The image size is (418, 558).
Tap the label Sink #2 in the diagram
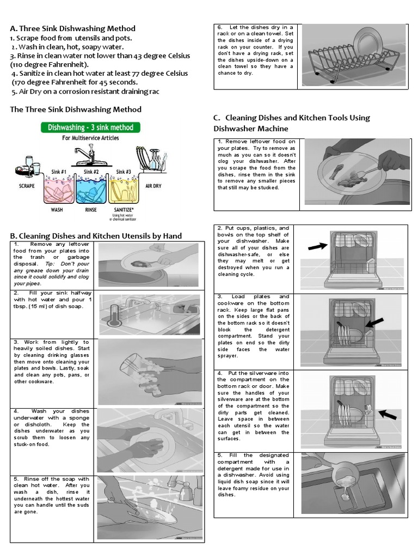tap(91, 172)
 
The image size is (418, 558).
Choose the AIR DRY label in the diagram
tap(153, 186)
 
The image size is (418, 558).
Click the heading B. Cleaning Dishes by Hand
tap(96, 235)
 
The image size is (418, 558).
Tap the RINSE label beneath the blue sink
tap(90, 209)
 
